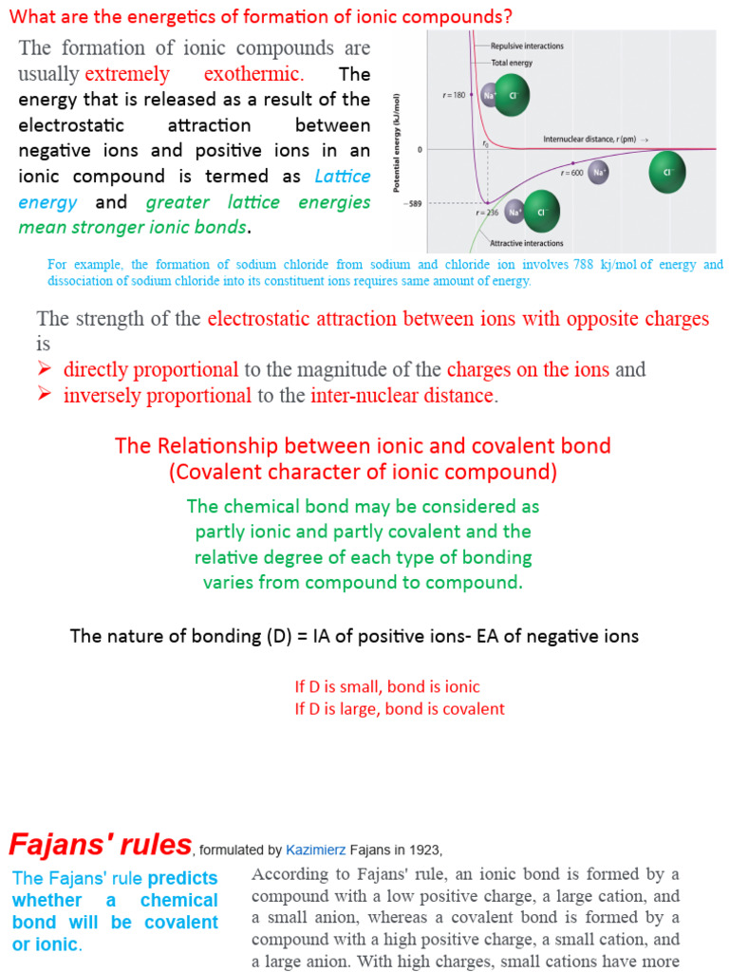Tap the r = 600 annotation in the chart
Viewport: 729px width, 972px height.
coord(571,173)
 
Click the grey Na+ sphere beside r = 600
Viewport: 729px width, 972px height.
coord(599,172)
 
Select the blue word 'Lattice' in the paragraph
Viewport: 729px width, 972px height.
coord(343,177)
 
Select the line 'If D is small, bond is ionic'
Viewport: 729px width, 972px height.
coord(387,686)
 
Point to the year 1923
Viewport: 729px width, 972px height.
coord(424,849)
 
